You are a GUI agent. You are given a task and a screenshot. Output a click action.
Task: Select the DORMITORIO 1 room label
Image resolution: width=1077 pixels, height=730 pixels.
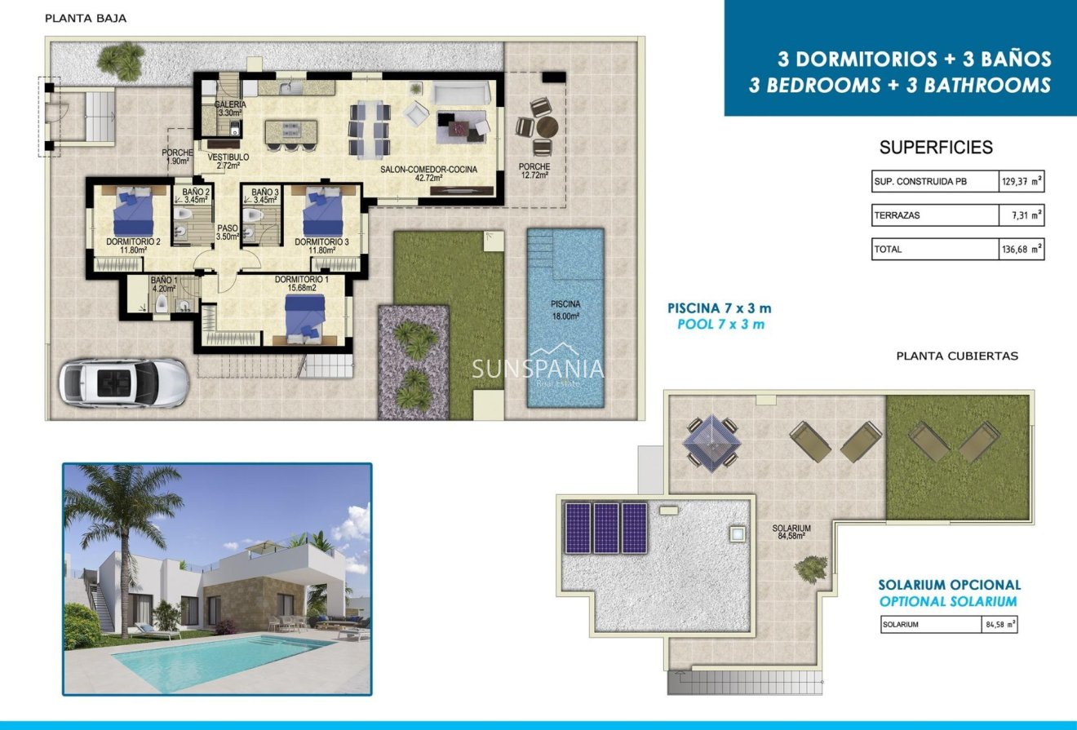(x=302, y=280)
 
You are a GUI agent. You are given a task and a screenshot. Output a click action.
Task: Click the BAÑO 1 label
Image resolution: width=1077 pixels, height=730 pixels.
(x=163, y=283)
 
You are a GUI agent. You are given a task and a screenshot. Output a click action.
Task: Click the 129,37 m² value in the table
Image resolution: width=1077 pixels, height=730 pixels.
(x=1022, y=182)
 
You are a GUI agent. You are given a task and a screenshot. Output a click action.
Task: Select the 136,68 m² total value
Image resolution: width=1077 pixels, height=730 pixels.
(x=1022, y=250)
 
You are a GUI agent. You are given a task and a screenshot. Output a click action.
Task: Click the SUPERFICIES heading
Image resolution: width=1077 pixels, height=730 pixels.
(x=936, y=148)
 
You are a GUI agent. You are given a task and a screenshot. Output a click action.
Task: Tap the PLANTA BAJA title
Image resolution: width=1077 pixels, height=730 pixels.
(x=86, y=18)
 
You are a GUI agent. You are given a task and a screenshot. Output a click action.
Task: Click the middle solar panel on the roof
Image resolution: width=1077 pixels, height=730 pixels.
(x=606, y=528)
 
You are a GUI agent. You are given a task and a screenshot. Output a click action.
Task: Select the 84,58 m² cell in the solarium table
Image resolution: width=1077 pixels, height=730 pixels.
(x=999, y=625)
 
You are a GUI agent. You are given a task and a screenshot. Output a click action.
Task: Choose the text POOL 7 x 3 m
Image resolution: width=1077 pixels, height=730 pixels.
(x=720, y=325)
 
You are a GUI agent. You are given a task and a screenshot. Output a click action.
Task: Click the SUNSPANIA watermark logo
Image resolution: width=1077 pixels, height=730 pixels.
(x=538, y=369)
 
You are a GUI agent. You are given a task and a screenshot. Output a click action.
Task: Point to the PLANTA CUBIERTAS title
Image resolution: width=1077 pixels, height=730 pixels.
(x=957, y=356)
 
